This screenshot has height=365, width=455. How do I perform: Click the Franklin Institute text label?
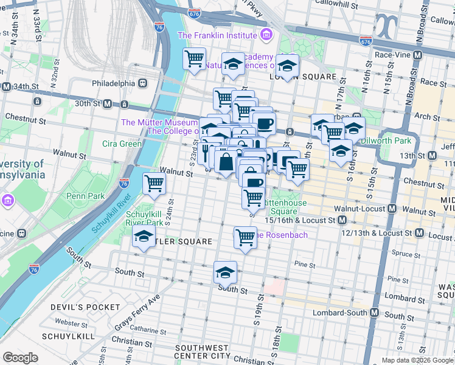(216, 36)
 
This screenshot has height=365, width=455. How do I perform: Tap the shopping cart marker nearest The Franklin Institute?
(194, 60)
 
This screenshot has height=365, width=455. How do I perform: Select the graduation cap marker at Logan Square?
(287, 65)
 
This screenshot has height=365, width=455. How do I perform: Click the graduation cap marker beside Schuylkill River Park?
(144, 238)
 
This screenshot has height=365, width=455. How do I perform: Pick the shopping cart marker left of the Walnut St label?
(155, 182)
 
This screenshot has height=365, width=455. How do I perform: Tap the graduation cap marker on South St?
(225, 273)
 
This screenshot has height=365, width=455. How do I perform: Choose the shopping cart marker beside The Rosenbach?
(245, 237)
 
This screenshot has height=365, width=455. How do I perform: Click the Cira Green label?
(122, 144)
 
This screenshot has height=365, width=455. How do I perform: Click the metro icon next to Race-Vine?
(417, 55)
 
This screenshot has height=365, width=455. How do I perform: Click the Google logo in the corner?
(20, 358)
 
